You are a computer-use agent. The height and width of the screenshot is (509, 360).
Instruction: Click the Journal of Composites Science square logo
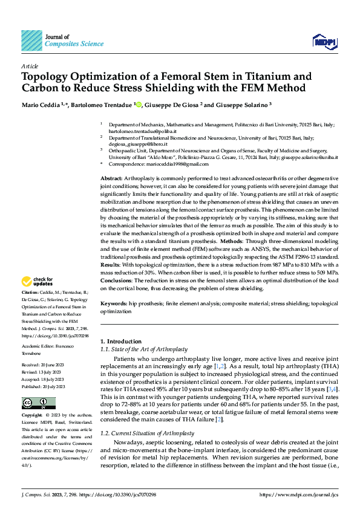(x=31, y=41)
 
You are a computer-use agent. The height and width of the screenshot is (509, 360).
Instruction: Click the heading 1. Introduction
(x=122, y=342)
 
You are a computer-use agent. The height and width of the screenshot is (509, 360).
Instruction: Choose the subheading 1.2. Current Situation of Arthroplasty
(x=147, y=417)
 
